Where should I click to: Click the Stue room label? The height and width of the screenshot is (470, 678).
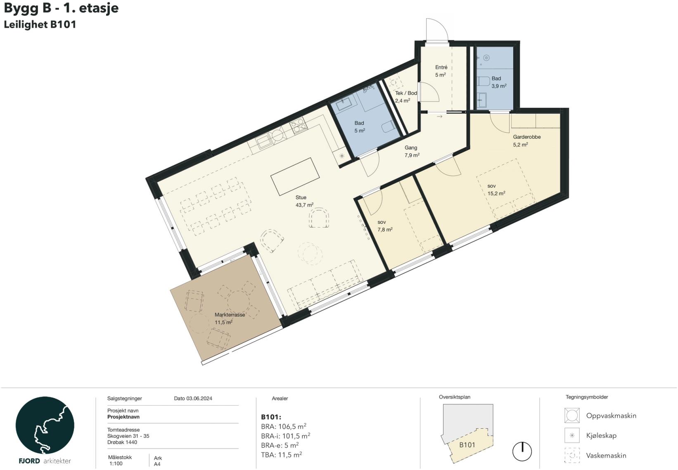(x=301, y=197)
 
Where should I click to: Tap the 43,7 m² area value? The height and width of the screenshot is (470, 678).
(x=304, y=205)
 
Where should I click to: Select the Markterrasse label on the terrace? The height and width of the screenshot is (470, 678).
(x=230, y=315)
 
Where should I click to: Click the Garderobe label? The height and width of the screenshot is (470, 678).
(x=526, y=137)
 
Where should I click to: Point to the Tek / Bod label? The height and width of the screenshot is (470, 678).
(x=406, y=93)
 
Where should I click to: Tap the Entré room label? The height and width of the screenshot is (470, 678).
(x=441, y=67)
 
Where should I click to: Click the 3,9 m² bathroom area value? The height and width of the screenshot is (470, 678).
(x=499, y=86)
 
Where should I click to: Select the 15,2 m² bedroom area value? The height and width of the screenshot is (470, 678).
(x=496, y=194)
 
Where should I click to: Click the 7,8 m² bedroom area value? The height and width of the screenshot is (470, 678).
(x=385, y=230)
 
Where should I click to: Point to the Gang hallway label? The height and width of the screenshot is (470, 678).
(x=411, y=148)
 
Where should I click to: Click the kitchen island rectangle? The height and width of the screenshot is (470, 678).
(x=295, y=176)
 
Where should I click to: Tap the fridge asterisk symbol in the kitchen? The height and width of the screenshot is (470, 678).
(x=342, y=156)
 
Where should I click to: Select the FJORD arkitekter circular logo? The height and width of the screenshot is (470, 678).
(x=45, y=425)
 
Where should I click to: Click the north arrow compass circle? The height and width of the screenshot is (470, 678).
(x=522, y=451)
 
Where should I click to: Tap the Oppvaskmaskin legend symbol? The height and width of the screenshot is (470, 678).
(x=572, y=415)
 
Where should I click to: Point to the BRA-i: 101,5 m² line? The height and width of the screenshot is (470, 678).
(x=285, y=436)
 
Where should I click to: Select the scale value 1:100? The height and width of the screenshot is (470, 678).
(x=116, y=464)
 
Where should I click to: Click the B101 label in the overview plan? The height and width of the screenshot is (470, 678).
(x=467, y=445)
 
